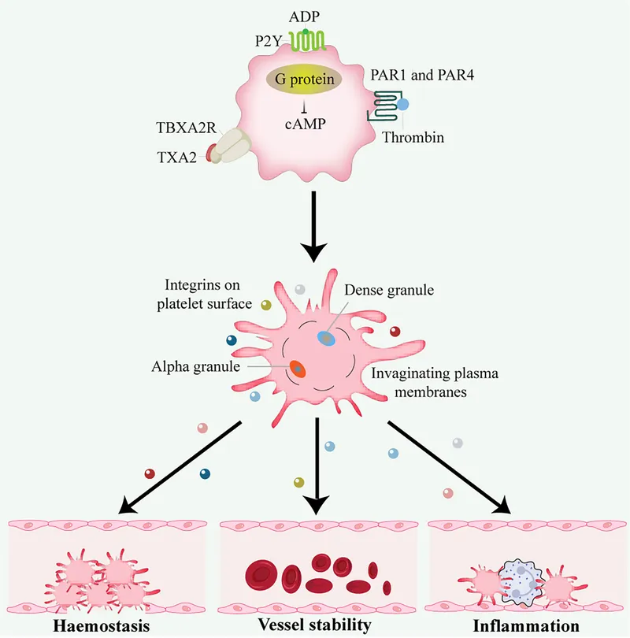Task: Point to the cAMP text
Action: coord(305,124)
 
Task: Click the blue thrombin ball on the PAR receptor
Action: coord(402,104)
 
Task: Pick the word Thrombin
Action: coord(413,138)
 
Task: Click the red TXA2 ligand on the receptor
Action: coord(211,154)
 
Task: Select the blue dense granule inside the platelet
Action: coord(326,338)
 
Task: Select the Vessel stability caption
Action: coord(315,626)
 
